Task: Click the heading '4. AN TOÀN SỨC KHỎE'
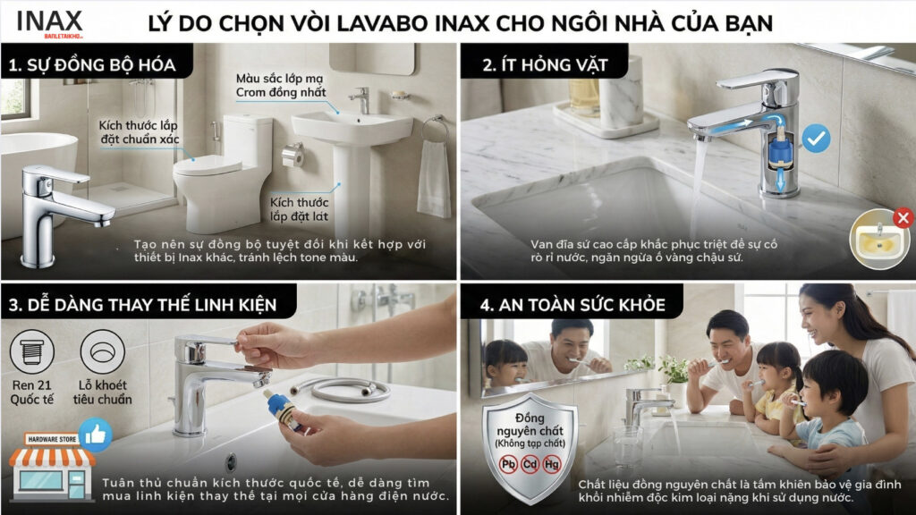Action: pos(572,305)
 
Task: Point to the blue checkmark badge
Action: pos(815,138)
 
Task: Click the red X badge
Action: pos(903,216)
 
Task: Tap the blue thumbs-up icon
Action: pos(95,435)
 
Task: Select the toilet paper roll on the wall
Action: pos(293,155)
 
